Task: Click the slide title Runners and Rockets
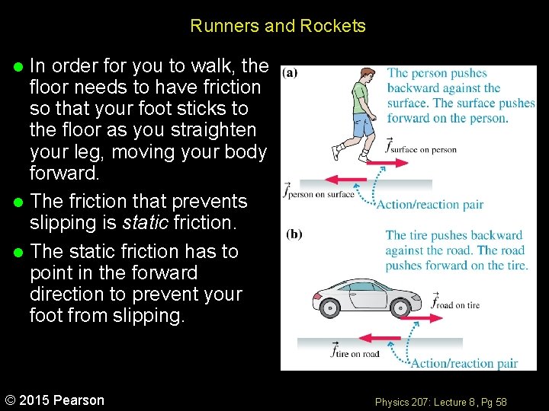click(x=278, y=26)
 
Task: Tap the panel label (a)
click(x=290, y=73)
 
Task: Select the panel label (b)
click(x=294, y=234)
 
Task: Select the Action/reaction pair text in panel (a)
click(x=430, y=204)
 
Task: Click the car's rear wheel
click(x=330, y=308)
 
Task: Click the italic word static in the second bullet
click(x=147, y=223)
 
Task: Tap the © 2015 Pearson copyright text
click(x=55, y=400)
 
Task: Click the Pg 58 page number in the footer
click(x=495, y=401)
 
